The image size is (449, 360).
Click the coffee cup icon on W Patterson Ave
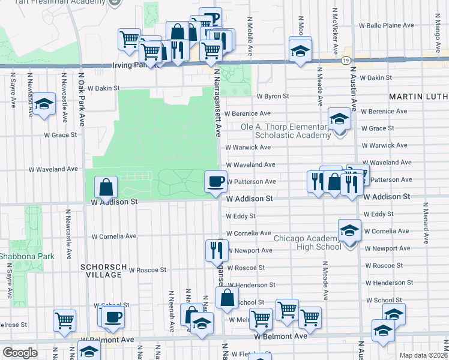[x=215, y=180]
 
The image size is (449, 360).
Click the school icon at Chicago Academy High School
[x=349, y=230]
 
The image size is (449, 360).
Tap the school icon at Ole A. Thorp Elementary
[x=339, y=118]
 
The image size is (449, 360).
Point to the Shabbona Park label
[x=27, y=256]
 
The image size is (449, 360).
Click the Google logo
[x=20, y=353]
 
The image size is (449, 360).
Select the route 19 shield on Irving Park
[x=345, y=61]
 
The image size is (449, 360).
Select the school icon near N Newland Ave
[x=43, y=104]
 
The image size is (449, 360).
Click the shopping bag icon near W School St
[x=226, y=298]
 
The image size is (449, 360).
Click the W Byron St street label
[x=273, y=96]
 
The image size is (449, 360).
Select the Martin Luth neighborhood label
[x=418, y=96]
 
